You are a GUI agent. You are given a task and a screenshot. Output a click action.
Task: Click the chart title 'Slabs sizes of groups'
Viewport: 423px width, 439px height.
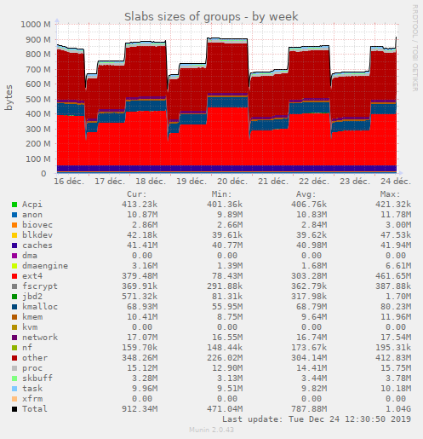click(x=211, y=15)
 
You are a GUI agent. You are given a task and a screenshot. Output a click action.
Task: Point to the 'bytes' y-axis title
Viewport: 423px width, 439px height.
click(x=9, y=97)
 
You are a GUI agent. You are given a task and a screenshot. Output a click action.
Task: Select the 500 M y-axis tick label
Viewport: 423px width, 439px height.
click(x=34, y=99)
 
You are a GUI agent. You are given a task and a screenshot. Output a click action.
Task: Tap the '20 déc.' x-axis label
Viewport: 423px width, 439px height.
click(x=232, y=181)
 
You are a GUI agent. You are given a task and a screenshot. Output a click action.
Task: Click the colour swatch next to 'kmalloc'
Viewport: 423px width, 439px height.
click(x=14, y=306)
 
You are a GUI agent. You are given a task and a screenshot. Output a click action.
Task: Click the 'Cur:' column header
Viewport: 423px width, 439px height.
click(x=135, y=194)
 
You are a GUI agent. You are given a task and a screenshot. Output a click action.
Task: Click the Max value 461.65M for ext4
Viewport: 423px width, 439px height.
click(x=390, y=275)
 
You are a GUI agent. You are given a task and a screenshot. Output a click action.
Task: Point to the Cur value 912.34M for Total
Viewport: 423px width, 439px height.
click(x=137, y=408)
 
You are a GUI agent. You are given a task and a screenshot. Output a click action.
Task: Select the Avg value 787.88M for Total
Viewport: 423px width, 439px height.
click(x=306, y=408)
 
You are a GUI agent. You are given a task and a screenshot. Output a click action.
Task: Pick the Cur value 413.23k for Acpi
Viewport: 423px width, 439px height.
click(x=137, y=204)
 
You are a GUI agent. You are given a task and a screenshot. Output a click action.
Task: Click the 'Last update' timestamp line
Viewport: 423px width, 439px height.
click(x=315, y=419)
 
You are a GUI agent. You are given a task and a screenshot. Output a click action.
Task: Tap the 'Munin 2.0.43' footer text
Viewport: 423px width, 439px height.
click(x=211, y=431)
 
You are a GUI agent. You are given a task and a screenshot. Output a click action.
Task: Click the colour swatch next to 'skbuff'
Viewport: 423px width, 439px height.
click(x=14, y=378)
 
